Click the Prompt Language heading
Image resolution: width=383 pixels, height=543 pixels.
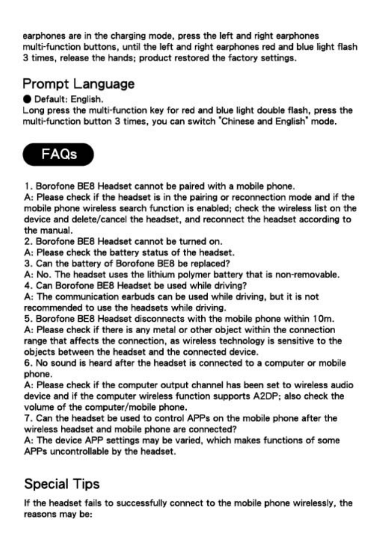pos(79,84)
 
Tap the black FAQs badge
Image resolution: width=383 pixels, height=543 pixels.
pos(58,154)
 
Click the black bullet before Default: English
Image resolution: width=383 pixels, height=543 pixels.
pos(27,99)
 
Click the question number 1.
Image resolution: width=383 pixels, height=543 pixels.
pos(27,186)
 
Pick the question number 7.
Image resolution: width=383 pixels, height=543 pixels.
pos(27,418)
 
